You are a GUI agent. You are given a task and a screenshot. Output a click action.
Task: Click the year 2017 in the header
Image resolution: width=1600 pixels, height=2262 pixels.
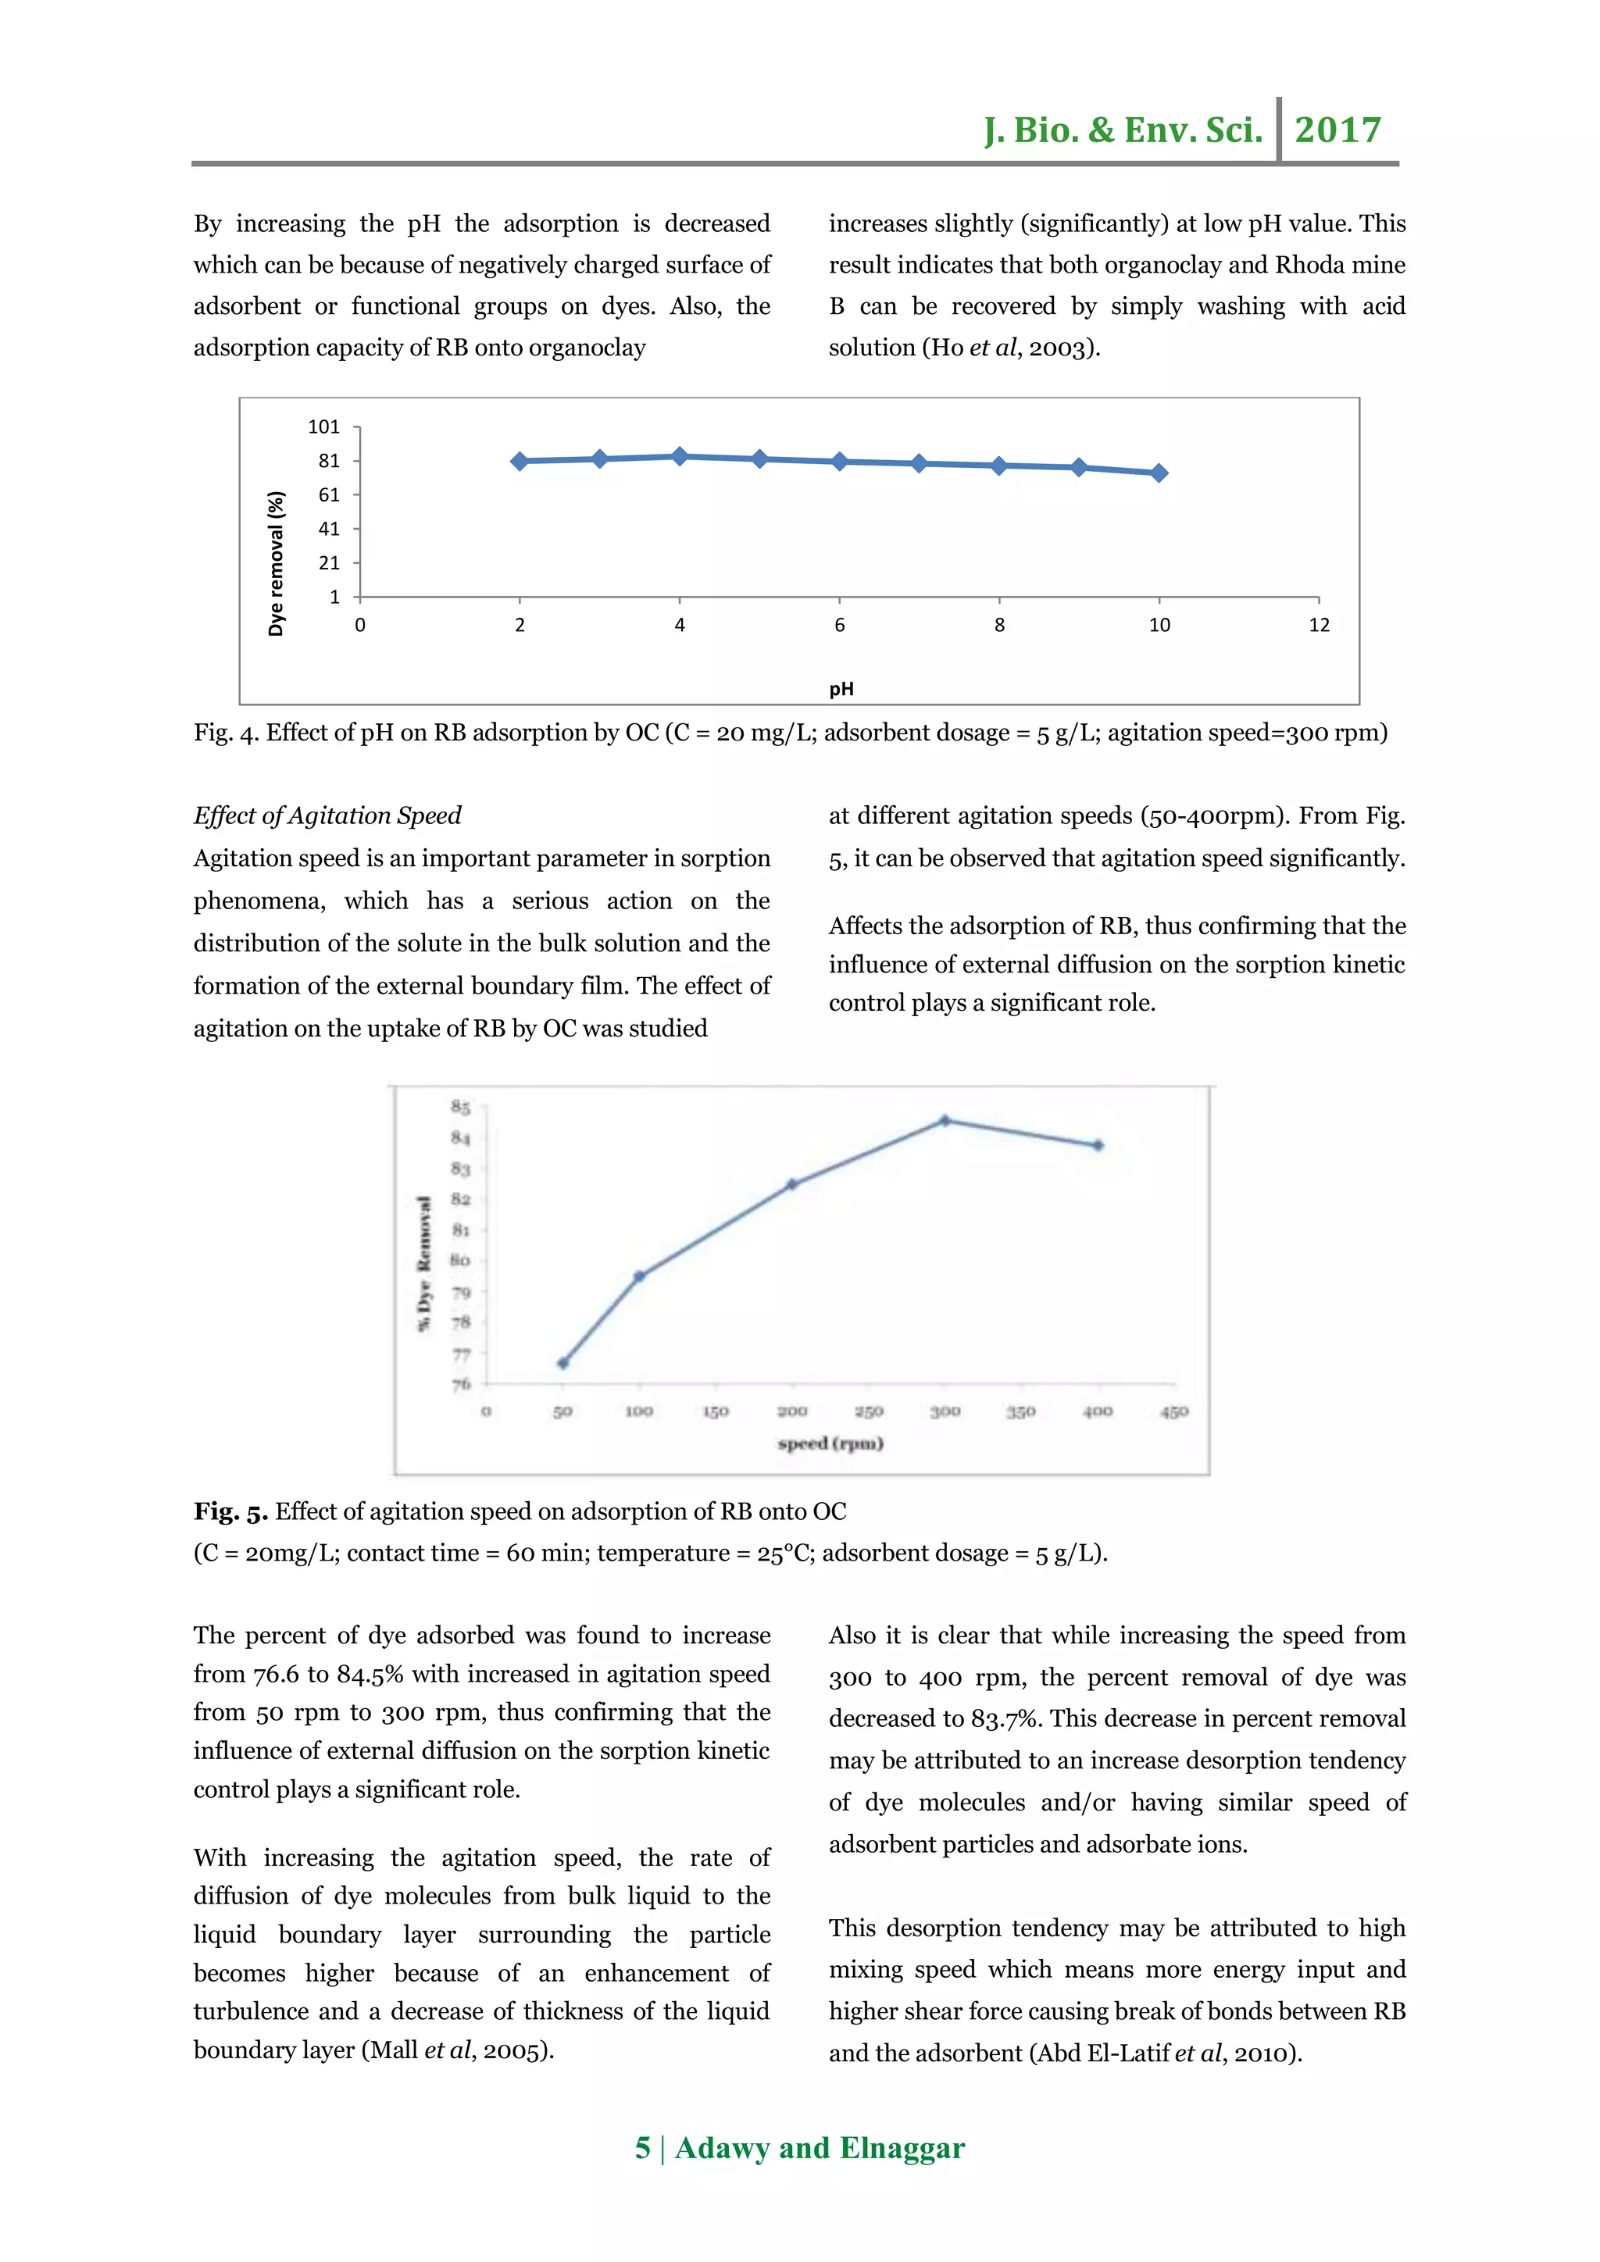(x=1337, y=130)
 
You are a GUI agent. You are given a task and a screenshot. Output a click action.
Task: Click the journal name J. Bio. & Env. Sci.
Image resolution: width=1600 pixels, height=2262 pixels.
(x=1122, y=130)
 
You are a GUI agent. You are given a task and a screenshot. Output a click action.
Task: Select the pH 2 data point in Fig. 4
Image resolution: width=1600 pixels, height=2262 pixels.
(x=520, y=461)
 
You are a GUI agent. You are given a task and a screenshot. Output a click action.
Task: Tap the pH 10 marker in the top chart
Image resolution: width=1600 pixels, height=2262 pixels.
(x=1159, y=473)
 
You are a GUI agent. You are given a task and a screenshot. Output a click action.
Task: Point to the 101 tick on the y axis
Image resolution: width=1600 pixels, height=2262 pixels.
(x=323, y=426)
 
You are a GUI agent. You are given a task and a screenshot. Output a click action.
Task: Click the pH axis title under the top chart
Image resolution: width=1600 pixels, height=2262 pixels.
(x=841, y=689)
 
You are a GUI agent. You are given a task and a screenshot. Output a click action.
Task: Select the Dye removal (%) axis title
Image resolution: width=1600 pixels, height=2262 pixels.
(x=276, y=562)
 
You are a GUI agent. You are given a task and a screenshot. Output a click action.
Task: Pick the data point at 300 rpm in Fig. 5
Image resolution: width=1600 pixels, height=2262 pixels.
(x=945, y=1120)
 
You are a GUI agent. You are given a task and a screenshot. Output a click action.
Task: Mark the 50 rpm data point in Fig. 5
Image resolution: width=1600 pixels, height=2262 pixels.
(x=562, y=1364)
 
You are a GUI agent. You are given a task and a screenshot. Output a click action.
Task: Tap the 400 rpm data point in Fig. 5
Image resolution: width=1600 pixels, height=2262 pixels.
(x=1098, y=1146)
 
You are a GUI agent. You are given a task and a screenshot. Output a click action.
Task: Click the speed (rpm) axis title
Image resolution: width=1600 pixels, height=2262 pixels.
(x=830, y=1443)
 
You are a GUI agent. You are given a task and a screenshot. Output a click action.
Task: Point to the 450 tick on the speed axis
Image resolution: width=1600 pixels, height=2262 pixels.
(x=1173, y=1411)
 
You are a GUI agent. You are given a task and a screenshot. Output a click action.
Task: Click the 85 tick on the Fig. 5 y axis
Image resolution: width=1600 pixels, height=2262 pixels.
(x=460, y=1108)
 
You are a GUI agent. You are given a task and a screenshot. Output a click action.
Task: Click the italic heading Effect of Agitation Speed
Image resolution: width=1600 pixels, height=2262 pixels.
(x=327, y=815)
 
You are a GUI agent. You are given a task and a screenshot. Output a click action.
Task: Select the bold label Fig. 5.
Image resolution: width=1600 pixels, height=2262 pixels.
(x=230, y=1511)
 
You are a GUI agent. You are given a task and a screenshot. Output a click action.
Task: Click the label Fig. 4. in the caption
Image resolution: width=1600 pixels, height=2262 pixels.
(x=226, y=733)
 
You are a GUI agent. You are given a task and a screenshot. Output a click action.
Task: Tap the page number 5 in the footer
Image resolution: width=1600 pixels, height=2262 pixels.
(x=642, y=2148)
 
